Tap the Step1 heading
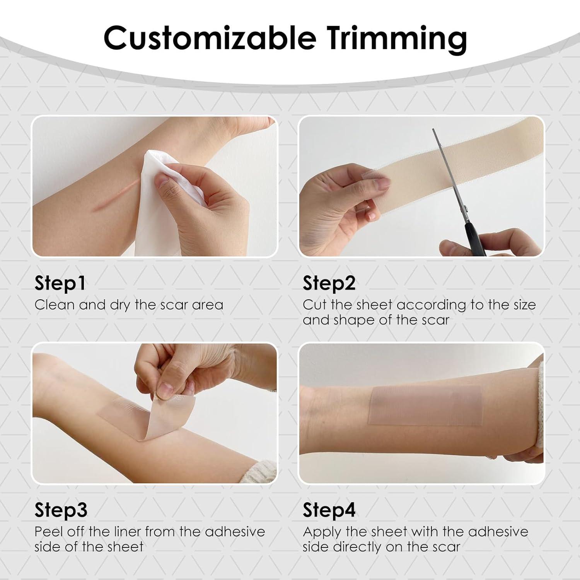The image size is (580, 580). [x=60, y=283]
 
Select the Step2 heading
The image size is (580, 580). [x=329, y=283]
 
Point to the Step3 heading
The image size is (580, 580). [x=61, y=510]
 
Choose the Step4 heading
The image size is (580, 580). [x=329, y=510]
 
